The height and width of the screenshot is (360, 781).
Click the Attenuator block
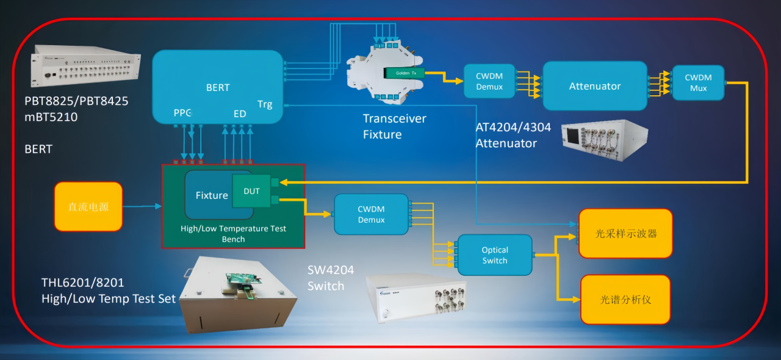pos(594,86)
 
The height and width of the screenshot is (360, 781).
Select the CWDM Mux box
pos(698,83)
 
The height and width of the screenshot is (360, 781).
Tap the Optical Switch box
pos(495,255)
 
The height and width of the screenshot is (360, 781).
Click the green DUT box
pos(251,191)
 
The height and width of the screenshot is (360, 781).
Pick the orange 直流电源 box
pos(88,207)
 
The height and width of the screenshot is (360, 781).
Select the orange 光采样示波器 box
pos(625,233)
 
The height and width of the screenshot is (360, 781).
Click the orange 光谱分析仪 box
pos(625,300)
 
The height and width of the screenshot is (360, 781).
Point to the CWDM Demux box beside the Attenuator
pos(489,82)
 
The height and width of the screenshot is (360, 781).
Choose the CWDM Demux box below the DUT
pos(371,214)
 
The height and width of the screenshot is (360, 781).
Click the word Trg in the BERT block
pos(265,104)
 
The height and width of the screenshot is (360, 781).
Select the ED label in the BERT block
pos(240,113)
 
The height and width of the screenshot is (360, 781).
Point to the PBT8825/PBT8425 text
pos(76,101)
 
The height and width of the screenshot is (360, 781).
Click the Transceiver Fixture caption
pos(394,126)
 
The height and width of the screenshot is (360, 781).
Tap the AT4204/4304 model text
pos(513,128)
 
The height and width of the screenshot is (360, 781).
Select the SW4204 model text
pos(331,270)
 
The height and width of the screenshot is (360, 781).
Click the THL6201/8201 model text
pos(82,283)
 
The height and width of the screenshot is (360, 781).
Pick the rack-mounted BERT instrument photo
pos(85,66)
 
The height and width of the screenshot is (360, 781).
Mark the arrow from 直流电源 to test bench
pos(142,207)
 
